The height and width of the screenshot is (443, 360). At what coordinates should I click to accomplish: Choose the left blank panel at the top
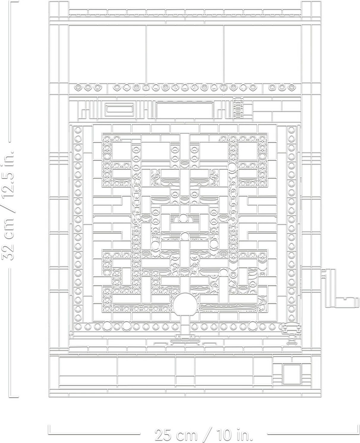coord(107,54)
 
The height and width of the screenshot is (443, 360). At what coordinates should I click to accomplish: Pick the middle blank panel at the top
coord(185,54)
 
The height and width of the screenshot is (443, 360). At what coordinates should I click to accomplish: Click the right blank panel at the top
coord(263,54)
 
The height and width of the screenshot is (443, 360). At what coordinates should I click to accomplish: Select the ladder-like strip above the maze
coord(238,107)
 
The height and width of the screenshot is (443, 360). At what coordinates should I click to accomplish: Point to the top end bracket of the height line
coord(14,2)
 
